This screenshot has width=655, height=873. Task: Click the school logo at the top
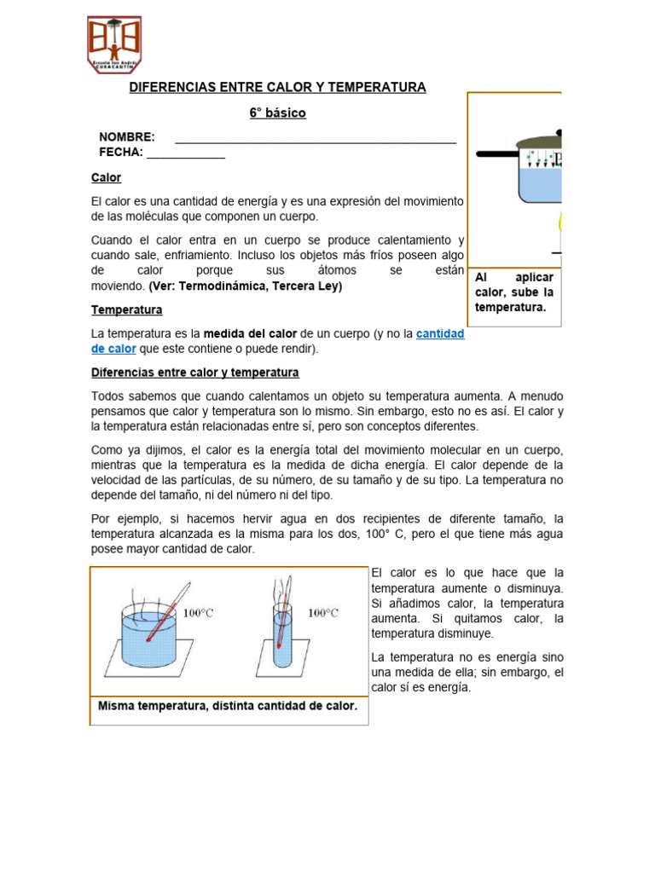114,44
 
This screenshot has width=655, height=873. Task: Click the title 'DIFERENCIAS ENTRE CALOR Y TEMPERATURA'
277,88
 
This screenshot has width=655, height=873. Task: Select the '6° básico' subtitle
277,113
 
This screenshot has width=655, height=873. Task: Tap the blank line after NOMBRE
315,140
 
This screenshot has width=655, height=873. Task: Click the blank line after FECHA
186,155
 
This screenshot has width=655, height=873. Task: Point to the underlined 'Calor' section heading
106,178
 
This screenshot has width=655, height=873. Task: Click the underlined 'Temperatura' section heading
126,309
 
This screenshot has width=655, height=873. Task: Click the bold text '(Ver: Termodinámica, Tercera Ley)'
246,286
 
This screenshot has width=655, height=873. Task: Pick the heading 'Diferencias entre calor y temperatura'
194,373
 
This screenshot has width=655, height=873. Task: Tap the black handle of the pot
496,154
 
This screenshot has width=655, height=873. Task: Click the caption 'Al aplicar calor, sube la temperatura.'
514,292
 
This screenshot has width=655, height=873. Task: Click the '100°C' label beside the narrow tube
323,612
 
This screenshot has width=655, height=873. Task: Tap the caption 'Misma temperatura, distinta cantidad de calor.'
228,706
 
